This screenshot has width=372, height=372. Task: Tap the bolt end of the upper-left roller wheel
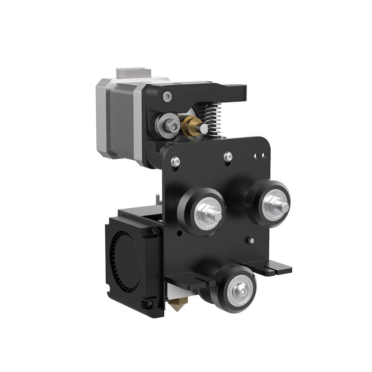click(214, 215)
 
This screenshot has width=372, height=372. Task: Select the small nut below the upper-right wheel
click(251, 240)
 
